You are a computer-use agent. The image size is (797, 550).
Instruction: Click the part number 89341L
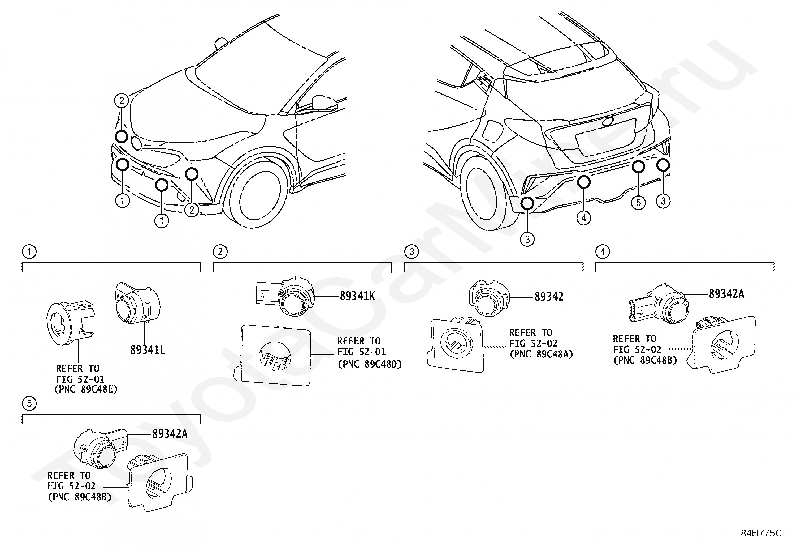[147, 350]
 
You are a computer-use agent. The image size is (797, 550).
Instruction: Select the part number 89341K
[357, 296]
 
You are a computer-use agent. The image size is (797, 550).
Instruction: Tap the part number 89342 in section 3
[549, 297]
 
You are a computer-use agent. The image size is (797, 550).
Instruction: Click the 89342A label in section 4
[726, 294]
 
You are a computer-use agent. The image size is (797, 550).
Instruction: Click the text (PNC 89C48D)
[369, 364]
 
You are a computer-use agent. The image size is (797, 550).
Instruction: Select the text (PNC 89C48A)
[541, 354]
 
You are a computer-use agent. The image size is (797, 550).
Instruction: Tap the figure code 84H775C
[761, 533]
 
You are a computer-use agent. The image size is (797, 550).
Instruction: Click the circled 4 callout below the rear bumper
[584, 218]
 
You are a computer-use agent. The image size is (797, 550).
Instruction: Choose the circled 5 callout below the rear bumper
[638, 203]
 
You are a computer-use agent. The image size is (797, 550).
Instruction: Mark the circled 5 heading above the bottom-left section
[30, 403]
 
